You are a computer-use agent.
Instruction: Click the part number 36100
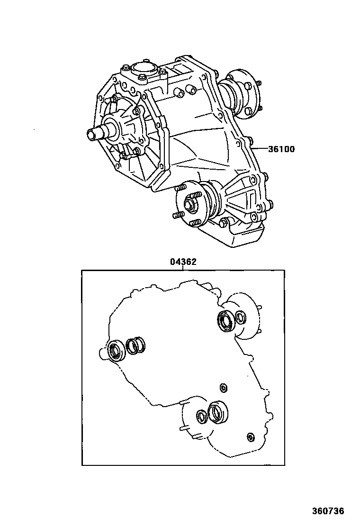(281, 149)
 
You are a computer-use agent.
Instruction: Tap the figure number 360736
(328, 511)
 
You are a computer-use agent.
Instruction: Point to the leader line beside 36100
(260, 149)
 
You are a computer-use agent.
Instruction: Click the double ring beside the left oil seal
(135, 346)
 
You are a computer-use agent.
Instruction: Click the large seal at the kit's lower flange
(218, 411)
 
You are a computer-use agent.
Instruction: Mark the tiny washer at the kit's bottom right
(251, 436)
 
